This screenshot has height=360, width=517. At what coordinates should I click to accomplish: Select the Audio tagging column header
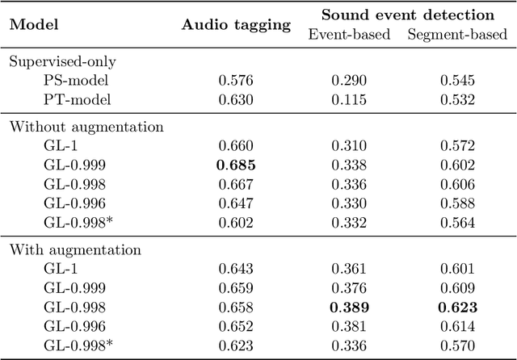click(x=235, y=24)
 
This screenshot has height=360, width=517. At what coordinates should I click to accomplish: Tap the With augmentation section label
click(x=64, y=249)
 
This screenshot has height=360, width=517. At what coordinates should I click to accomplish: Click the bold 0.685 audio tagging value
click(x=235, y=165)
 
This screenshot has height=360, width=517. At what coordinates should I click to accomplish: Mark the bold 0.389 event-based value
click(x=349, y=307)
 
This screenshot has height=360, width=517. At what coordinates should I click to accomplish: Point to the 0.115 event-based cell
click(x=349, y=100)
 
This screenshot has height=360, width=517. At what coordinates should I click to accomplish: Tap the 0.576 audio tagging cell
click(x=235, y=81)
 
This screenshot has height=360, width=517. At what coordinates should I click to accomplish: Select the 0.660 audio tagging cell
click(x=235, y=145)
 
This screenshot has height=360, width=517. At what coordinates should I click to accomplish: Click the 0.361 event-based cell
click(x=349, y=268)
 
